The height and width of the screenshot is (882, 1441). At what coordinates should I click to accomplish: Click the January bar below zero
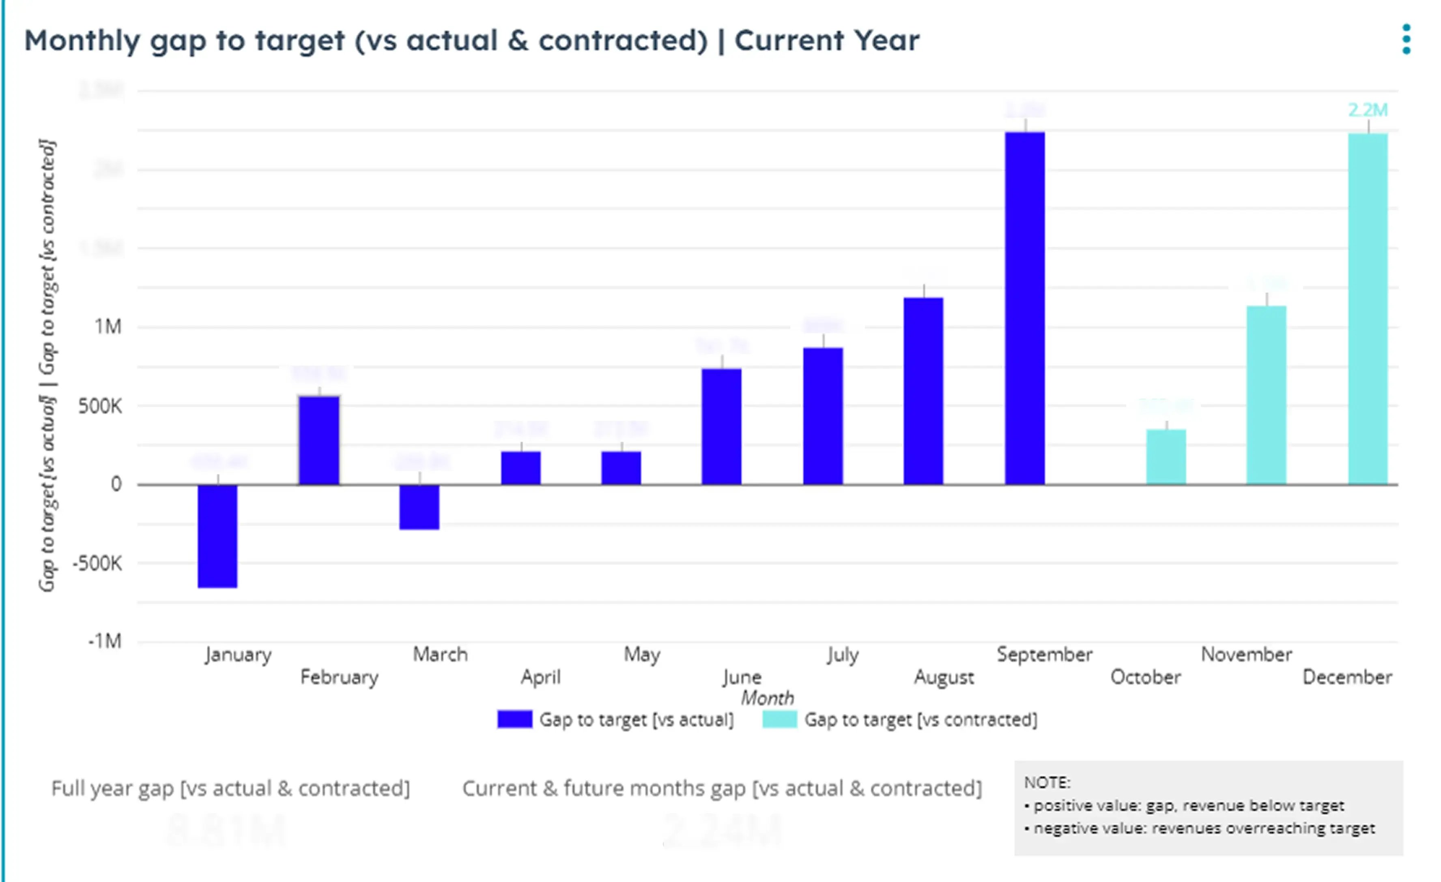click(217, 536)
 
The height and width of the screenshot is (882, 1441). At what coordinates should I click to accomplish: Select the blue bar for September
click(1025, 308)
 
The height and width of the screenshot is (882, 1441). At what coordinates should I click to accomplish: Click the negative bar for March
click(419, 507)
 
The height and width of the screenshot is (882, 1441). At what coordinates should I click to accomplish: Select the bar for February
click(319, 440)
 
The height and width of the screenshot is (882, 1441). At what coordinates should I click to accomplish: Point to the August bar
click(923, 391)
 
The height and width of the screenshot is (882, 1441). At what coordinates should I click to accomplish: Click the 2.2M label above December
click(1367, 109)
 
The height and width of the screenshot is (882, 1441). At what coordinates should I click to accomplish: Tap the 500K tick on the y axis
click(100, 406)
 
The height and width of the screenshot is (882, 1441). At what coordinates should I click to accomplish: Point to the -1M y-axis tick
click(105, 641)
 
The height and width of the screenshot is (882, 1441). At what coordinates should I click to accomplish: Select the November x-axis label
click(1246, 654)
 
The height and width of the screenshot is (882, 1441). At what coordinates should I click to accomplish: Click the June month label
click(742, 677)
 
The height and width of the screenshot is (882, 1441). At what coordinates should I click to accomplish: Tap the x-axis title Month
click(767, 698)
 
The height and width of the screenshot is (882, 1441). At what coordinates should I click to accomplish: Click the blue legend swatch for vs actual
click(515, 719)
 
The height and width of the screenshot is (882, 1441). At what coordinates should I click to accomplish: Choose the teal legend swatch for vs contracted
click(780, 719)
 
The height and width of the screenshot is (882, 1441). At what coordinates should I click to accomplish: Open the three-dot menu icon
click(1406, 39)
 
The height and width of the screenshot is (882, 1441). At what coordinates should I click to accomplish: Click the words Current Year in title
click(826, 40)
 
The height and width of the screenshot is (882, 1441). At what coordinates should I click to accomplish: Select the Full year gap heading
click(230, 788)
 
